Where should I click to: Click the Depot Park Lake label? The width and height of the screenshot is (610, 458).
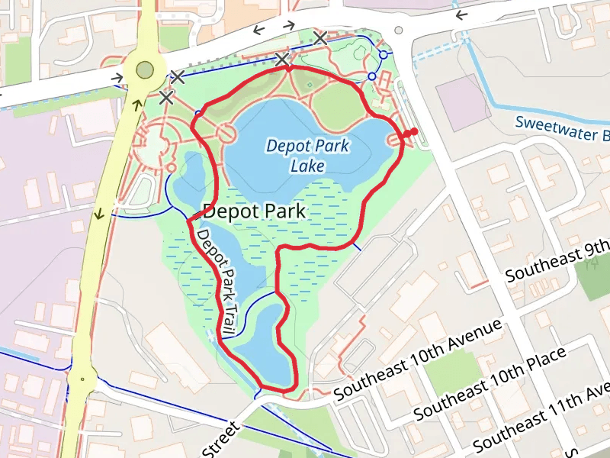(x=307, y=155)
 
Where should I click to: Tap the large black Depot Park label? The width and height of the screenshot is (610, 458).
(x=255, y=211)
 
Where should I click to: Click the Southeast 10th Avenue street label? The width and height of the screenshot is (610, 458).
(x=418, y=357)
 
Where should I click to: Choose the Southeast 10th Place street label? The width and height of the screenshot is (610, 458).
(x=490, y=383)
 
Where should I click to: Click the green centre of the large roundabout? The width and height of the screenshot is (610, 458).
(x=144, y=71)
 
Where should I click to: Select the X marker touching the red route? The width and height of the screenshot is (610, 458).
(x=283, y=59)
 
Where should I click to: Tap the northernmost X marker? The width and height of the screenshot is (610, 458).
(x=320, y=37)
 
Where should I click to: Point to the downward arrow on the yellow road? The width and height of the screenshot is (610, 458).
(x=99, y=213)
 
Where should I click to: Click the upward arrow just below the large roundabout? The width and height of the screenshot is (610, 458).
(x=137, y=104)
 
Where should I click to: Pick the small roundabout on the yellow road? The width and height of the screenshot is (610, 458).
(x=81, y=378)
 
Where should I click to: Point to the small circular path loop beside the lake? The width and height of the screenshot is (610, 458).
(x=226, y=133)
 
